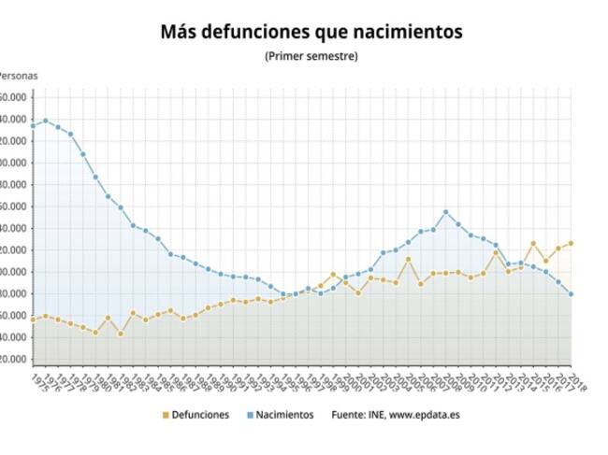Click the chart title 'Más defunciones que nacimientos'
pos(311,32)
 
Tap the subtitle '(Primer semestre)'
pos(311,56)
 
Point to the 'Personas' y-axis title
pos(19,76)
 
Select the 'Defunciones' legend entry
pos(195,414)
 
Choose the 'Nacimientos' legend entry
pos(279,414)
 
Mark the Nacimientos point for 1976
pos(45,121)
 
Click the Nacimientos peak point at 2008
pos(445,212)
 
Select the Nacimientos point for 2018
pos(571,294)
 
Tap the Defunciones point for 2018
pos(571,243)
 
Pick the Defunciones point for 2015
pos(533,243)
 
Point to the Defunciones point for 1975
pos(33,320)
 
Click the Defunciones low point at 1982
pos(121,334)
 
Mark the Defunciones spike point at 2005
pos(408,259)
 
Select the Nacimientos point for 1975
pos(33,125)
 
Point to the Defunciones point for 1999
pos(333,275)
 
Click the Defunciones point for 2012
pos(496,252)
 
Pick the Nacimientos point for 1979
pos(82,154)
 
